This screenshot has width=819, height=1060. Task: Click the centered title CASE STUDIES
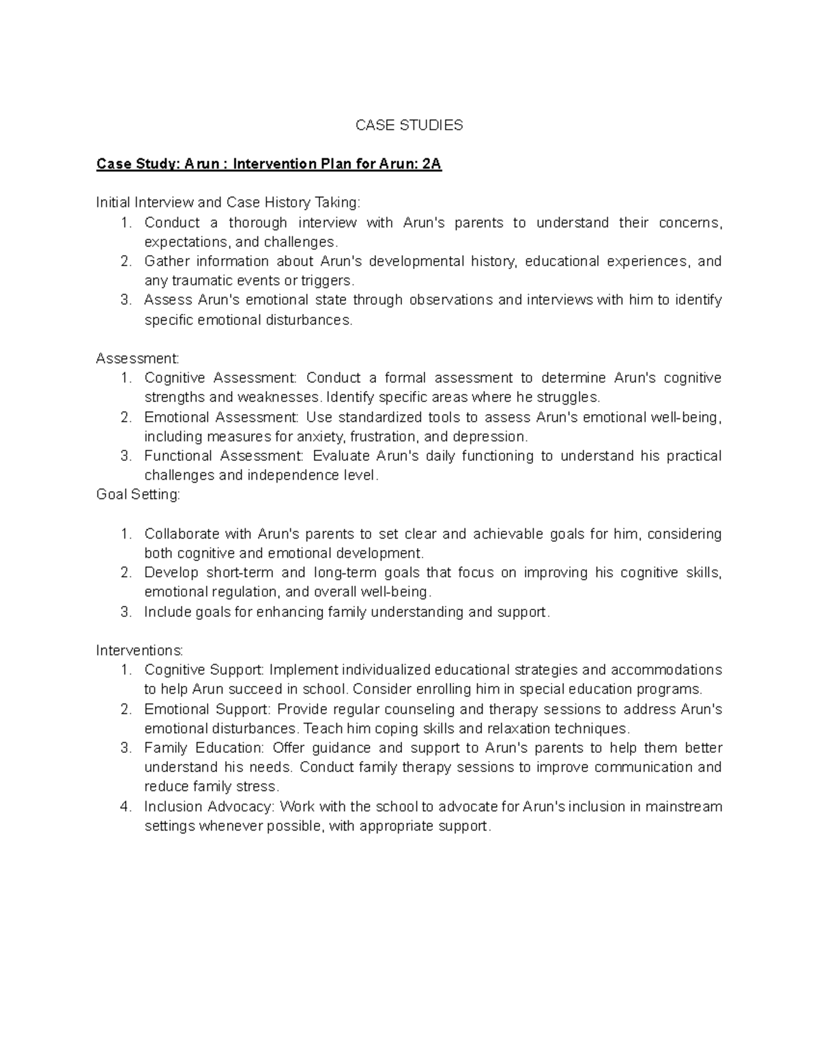click(x=409, y=125)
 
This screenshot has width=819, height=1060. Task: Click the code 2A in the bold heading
click(x=431, y=164)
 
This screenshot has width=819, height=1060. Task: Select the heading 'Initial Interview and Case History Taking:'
click(x=228, y=203)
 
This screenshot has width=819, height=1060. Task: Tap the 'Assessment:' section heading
click(x=137, y=358)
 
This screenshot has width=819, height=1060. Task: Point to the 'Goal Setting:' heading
click(x=138, y=495)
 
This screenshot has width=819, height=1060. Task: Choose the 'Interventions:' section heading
click(x=139, y=650)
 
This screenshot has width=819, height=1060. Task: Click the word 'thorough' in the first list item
click(x=258, y=223)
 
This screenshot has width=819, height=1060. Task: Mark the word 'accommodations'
click(x=666, y=670)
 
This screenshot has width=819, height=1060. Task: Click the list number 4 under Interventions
click(x=125, y=807)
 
